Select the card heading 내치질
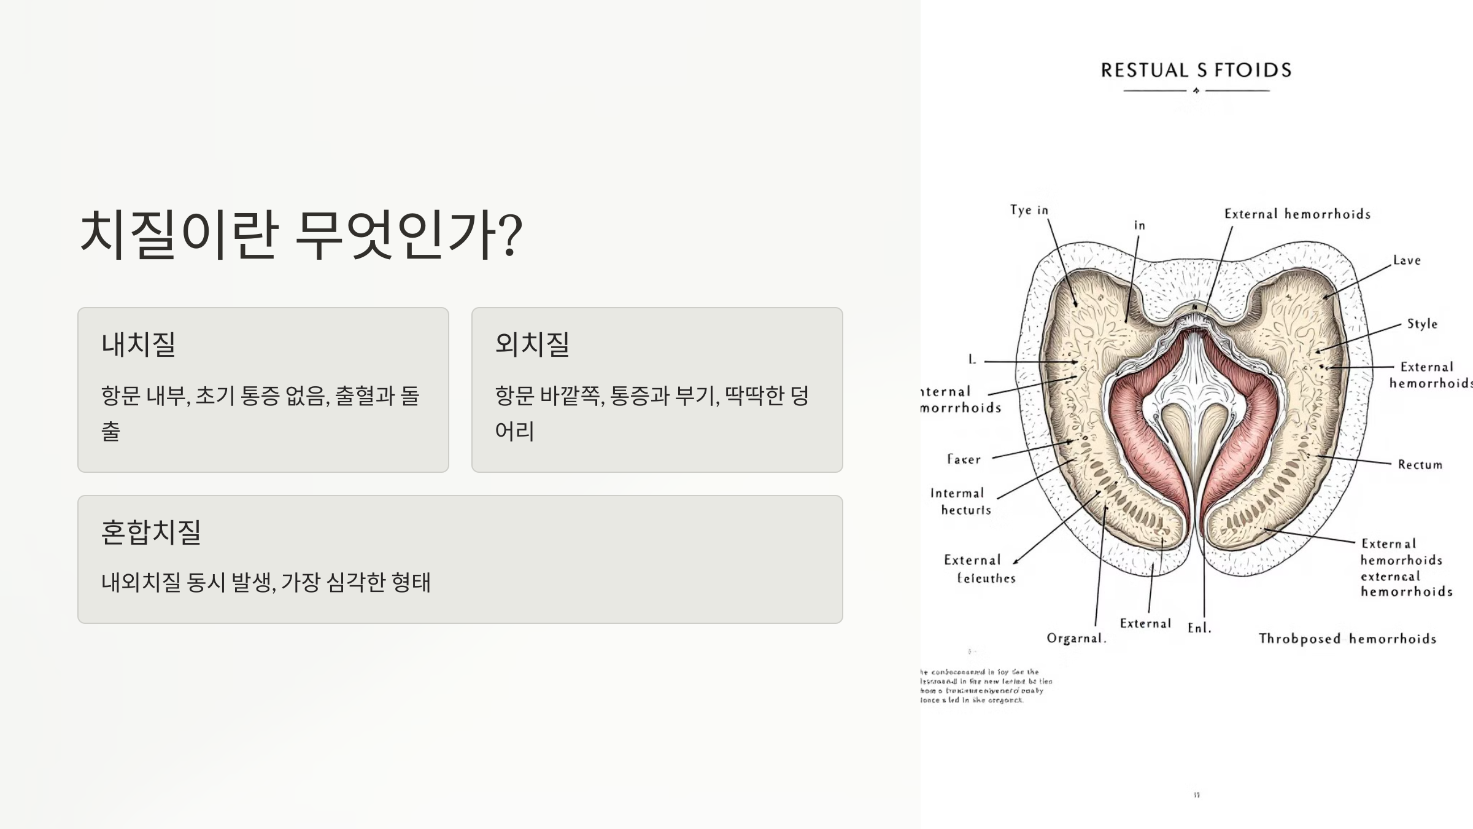(x=139, y=344)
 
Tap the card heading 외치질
(x=532, y=344)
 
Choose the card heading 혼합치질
(x=151, y=532)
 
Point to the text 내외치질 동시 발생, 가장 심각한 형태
(x=266, y=582)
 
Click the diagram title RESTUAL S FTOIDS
(x=1196, y=70)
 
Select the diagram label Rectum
(x=1420, y=465)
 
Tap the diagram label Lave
(x=1407, y=260)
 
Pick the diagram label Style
(x=1422, y=324)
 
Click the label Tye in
(x=1029, y=210)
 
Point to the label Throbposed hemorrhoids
(x=1347, y=639)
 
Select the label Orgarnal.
(x=1076, y=639)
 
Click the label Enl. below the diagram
(x=1199, y=628)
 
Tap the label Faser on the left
(x=964, y=459)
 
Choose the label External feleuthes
(x=979, y=569)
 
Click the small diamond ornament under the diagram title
(x=1196, y=91)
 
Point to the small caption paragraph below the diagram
(x=985, y=686)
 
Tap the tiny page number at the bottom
(x=1196, y=795)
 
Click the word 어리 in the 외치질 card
(x=514, y=431)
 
